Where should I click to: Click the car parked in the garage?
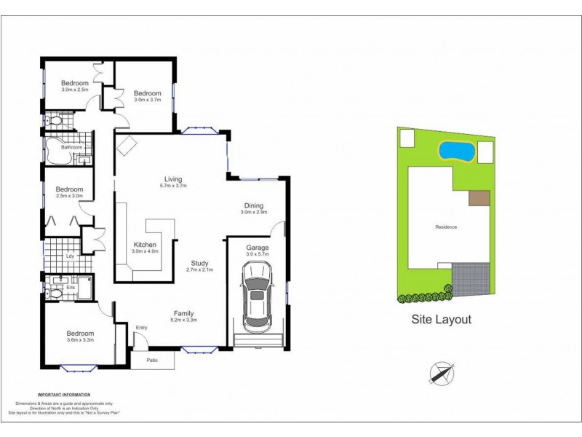(x=257, y=297)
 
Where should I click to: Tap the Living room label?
(x=173, y=179)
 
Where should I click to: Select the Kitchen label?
(x=145, y=244)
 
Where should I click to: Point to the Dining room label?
(x=254, y=205)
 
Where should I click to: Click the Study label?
(x=200, y=263)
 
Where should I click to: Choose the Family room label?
(x=183, y=313)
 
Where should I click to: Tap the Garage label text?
(x=257, y=248)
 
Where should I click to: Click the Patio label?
(x=153, y=361)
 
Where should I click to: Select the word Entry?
(x=141, y=328)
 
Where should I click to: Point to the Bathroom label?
(x=71, y=148)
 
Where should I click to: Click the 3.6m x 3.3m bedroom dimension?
(x=81, y=340)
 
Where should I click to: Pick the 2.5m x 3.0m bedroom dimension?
(x=69, y=195)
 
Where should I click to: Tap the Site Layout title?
(x=442, y=319)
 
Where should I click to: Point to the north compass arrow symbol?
(x=440, y=372)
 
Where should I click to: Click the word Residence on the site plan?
(x=446, y=227)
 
